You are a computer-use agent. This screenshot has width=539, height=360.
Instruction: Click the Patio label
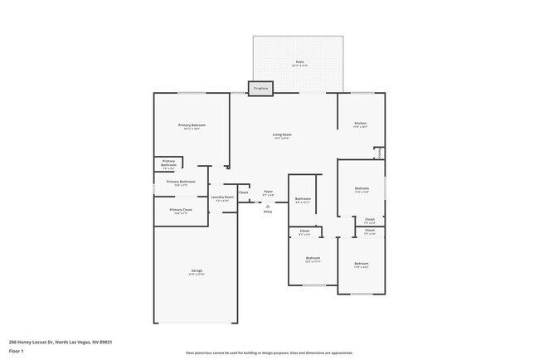coord(299,62)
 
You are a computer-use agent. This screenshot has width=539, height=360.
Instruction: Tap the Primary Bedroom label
coord(190,125)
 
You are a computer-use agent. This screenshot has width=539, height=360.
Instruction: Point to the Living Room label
coord(282,134)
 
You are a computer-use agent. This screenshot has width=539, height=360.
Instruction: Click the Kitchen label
coord(360,124)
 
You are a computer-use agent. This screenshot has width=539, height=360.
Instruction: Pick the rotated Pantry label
coord(380,153)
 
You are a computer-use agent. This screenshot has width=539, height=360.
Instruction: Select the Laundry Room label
coord(222,197)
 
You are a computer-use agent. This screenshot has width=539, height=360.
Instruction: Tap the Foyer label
coord(268,192)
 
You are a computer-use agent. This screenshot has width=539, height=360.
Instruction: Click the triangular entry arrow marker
coord(268,205)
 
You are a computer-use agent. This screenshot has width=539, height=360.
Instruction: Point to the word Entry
coord(268,212)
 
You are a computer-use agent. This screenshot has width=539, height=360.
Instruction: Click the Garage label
coord(197,271)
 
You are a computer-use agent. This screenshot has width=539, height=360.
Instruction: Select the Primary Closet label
coord(181,210)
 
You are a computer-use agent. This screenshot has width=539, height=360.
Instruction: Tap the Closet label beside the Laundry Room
coord(243,192)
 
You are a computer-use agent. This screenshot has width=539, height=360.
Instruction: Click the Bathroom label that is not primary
coord(303,198)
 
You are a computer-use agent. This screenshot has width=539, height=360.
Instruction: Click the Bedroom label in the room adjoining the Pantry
coord(362,187)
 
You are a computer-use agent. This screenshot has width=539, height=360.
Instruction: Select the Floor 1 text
coord(17,351)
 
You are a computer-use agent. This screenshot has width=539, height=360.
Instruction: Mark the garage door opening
coord(195,323)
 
